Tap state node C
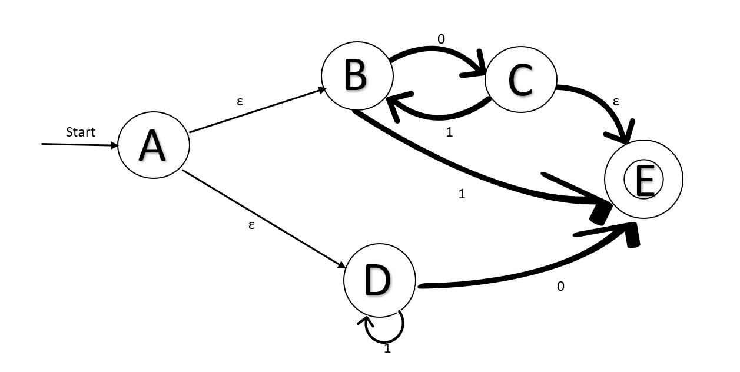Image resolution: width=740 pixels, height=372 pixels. point(520,80)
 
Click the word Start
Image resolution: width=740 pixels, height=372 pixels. point(80,132)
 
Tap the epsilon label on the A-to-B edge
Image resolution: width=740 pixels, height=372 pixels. point(240,101)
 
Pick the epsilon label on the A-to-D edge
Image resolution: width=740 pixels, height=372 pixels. point(251,224)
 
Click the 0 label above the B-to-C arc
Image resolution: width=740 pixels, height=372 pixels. point(441,39)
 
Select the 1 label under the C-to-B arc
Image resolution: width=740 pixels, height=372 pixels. point(450,132)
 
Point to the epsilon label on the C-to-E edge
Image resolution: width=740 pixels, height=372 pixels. point(616,101)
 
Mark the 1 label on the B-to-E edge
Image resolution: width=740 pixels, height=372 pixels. point(462,193)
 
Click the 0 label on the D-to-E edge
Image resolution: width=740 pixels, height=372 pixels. point(560,287)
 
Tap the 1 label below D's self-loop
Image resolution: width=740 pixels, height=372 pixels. point(387,348)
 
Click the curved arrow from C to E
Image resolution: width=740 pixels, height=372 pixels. point(606,103)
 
